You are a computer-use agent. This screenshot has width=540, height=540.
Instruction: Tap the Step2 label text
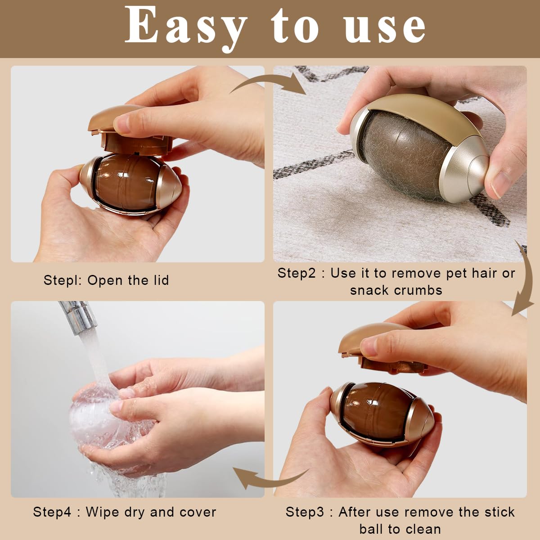coord(297,273)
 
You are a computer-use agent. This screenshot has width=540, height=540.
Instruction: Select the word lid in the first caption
coord(161,280)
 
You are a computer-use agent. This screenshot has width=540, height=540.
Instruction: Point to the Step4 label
coord(52,512)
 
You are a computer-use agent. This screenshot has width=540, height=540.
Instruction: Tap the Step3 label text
coord(305,512)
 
